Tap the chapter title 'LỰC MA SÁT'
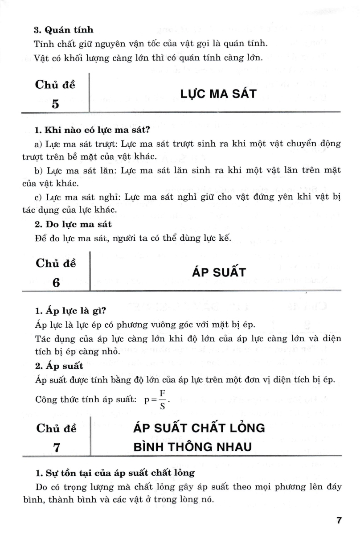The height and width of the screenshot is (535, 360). click(218, 94)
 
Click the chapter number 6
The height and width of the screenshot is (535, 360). click(55, 283)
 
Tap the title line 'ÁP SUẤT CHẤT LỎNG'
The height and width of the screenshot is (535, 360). click(199, 428)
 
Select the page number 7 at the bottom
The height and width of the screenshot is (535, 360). click(339, 520)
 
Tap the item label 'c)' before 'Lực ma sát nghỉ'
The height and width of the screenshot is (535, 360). click(38, 196)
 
